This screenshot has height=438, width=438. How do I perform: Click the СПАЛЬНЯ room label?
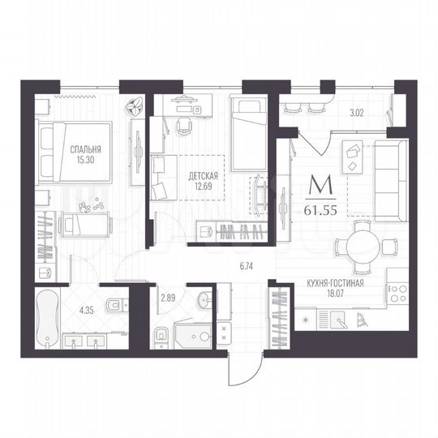[85, 148]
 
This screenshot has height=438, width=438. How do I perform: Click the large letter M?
[324, 187]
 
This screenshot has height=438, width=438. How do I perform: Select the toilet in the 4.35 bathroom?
[116, 305]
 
